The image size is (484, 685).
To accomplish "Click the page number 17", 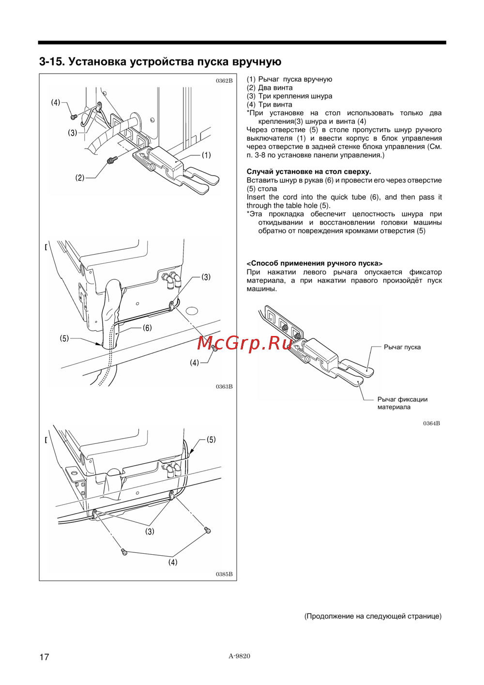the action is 44,656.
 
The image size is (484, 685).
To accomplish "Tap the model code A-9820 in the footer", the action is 240,655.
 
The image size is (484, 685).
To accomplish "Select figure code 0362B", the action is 224,81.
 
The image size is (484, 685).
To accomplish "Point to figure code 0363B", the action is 224,386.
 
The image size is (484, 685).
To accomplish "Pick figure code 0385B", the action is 224,574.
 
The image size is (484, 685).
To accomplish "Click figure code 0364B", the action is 431,423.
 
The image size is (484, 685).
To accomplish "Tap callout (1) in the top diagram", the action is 206,155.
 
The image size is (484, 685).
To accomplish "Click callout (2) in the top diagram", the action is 80,178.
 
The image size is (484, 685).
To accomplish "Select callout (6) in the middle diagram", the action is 147,328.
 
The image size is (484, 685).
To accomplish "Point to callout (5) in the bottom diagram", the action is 211,440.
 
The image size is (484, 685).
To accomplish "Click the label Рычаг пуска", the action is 402,347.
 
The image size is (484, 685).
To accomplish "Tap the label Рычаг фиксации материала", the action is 402,403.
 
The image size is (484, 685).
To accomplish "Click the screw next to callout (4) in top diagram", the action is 74,117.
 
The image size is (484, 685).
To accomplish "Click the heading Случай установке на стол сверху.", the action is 308,171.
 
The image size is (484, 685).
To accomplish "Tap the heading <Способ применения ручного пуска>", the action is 314,263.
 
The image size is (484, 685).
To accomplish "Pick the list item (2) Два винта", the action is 270,88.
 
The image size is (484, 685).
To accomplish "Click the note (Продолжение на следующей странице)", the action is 373,616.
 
